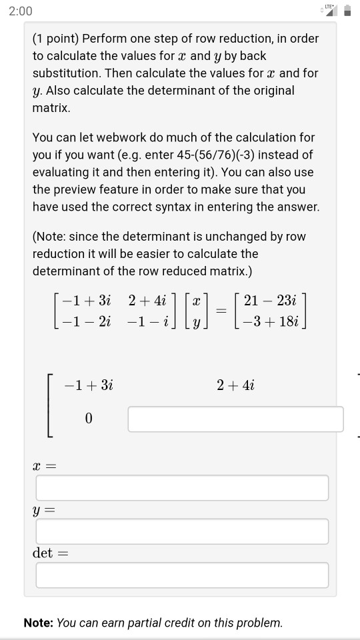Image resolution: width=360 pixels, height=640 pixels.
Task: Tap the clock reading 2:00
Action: pos(21,11)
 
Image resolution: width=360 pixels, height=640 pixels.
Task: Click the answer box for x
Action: pos(182,488)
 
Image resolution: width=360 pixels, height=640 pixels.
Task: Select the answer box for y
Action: pos(182,531)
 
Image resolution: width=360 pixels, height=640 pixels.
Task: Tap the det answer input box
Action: pos(182,575)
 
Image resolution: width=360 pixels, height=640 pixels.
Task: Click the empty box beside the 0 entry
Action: pos(235,419)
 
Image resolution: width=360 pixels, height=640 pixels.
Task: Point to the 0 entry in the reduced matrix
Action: pos(89,419)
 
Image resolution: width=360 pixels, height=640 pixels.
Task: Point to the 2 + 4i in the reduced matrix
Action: pos(235,385)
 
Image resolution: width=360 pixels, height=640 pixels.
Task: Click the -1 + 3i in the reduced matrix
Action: pos(89,385)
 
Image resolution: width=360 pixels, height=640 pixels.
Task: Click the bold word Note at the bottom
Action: pos(38,623)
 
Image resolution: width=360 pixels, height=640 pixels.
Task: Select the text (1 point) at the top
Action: pos(55,39)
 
